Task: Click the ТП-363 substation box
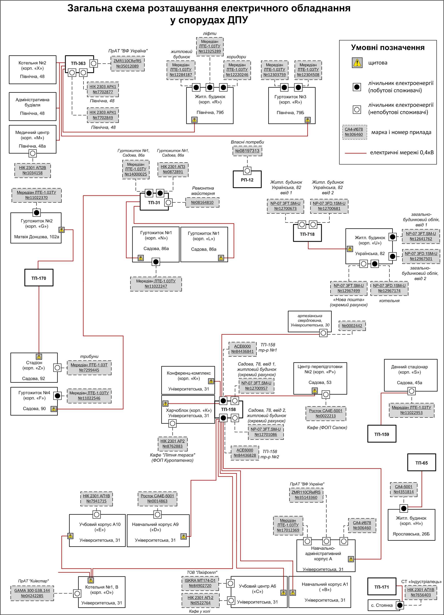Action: [x=78, y=63]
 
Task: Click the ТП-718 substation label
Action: [x=307, y=234]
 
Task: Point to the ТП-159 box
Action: [x=382, y=434]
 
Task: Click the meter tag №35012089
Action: [x=127, y=64]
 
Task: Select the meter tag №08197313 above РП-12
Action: [x=247, y=151]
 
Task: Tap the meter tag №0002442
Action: [x=352, y=326]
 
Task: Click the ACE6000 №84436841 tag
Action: [x=242, y=349]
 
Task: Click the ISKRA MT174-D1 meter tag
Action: [x=200, y=583]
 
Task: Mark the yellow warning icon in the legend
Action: [x=357, y=63]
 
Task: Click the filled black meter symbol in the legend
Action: [x=357, y=87]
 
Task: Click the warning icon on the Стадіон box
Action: [x=39, y=357]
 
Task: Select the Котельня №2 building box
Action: [x=33, y=70]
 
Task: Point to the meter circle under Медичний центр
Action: [x=33, y=153]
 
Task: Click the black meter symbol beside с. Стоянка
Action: [x=399, y=605]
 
